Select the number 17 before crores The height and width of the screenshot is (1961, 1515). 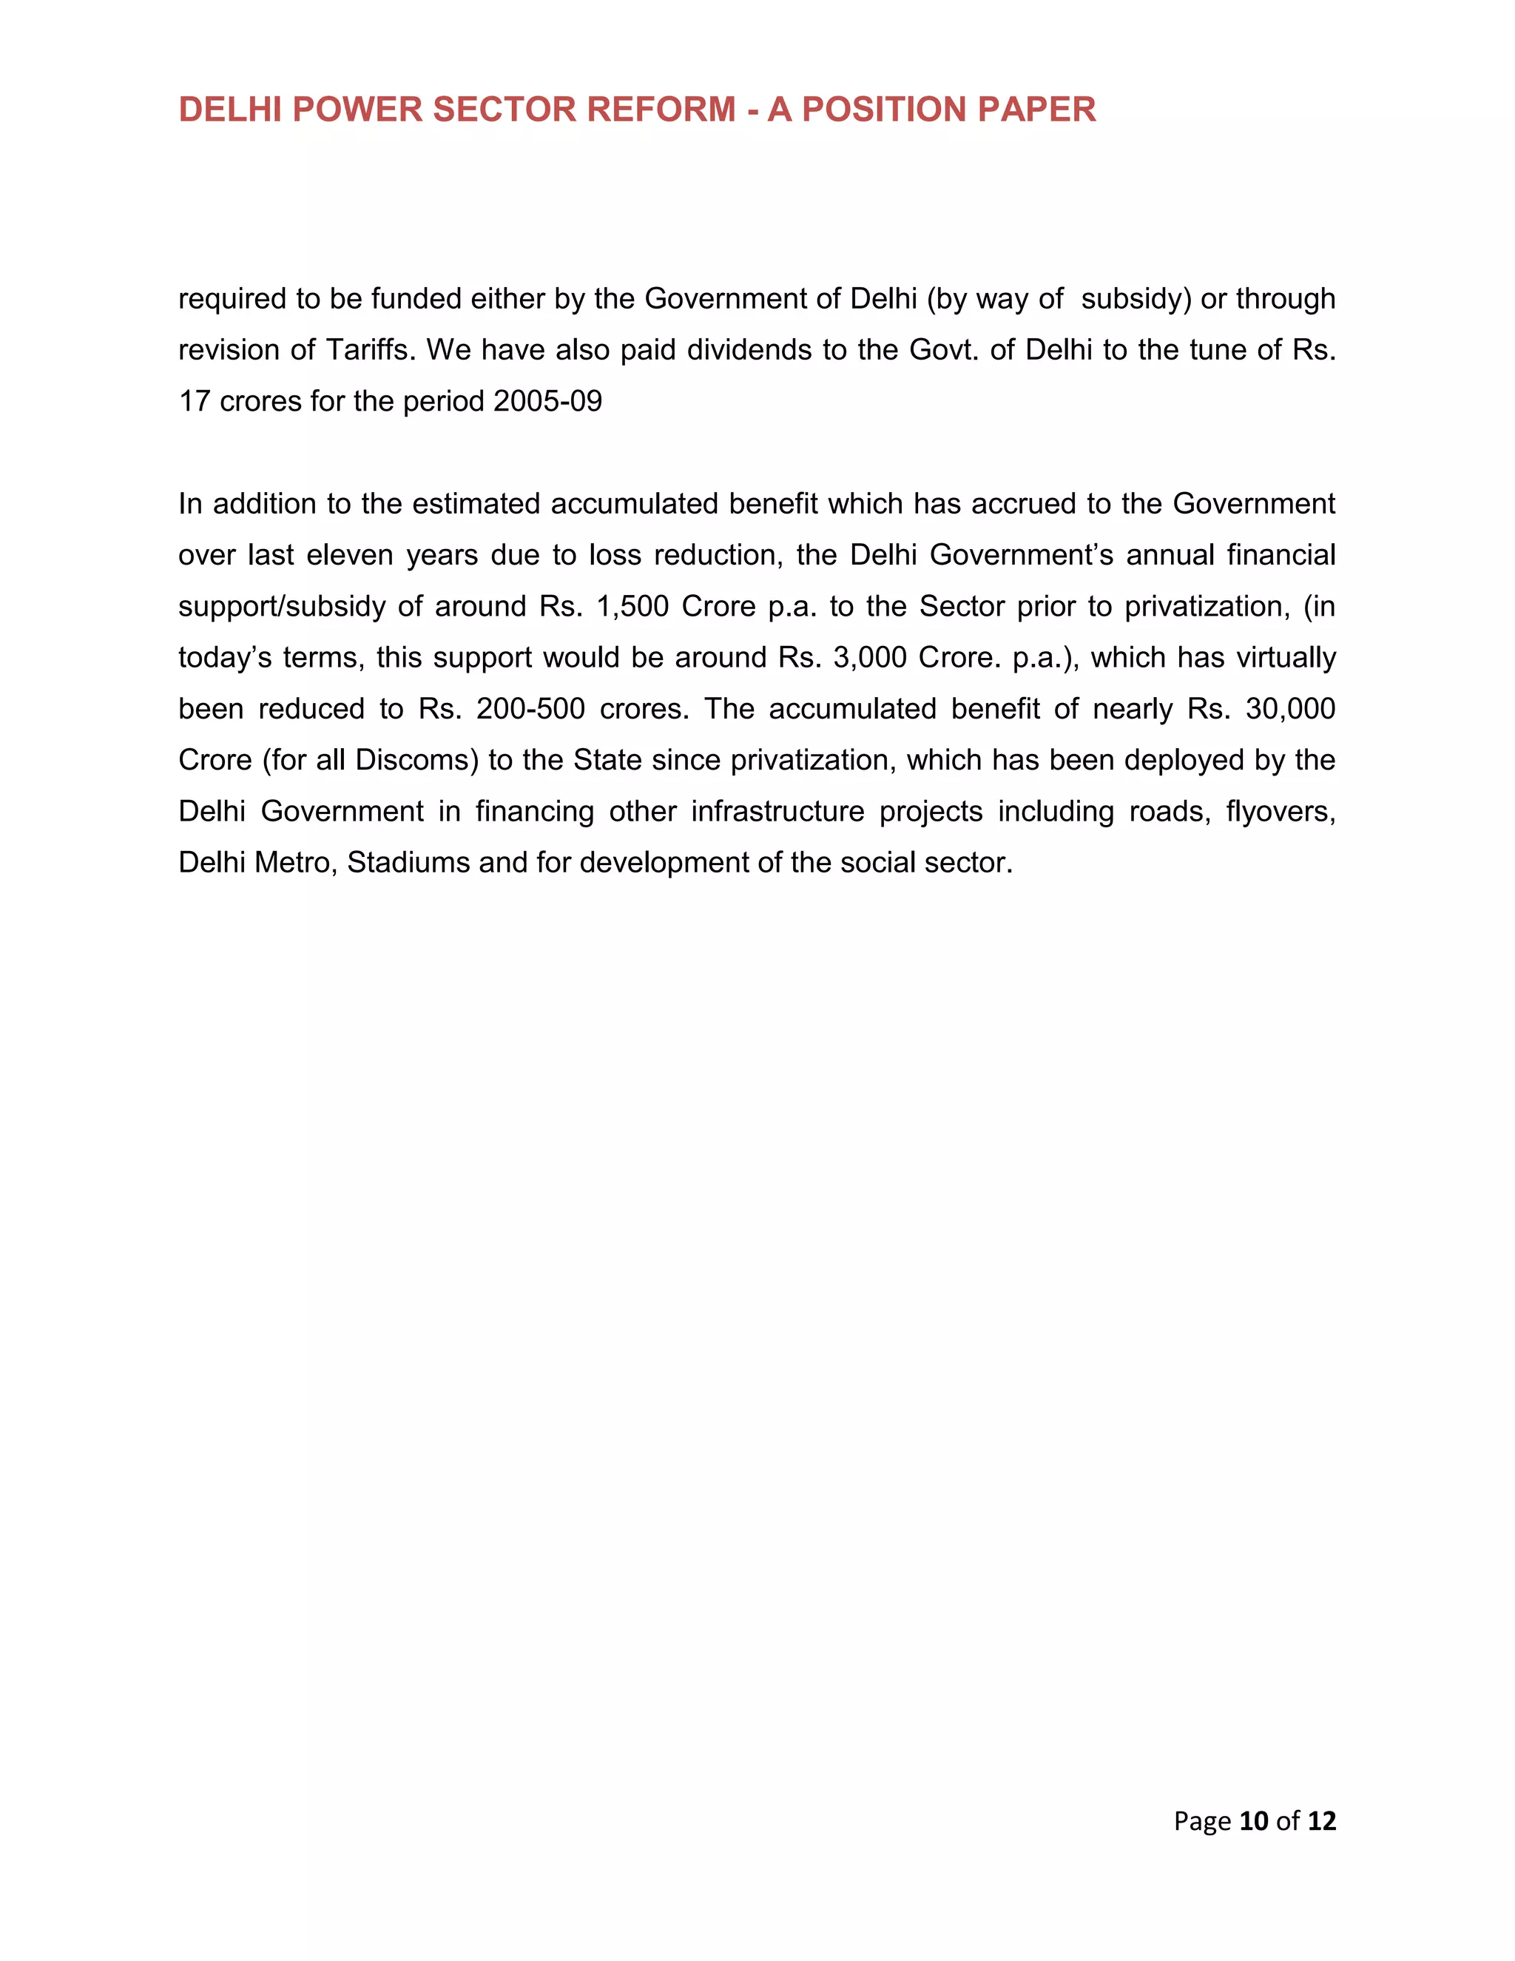[194, 400]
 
